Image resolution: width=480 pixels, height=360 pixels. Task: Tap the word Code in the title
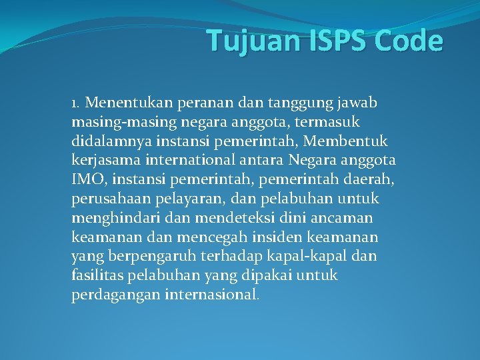(x=409, y=41)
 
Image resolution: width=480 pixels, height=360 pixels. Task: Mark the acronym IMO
(x=85, y=180)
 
